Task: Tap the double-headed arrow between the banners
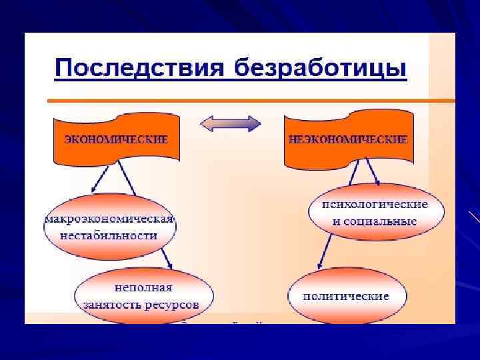click(x=231, y=123)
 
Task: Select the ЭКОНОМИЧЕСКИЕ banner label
click(x=116, y=140)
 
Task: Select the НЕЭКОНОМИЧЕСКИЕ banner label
click(x=348, y=140)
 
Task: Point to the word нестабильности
click(x=109, y=235)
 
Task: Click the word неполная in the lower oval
click(x=143, y=288)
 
